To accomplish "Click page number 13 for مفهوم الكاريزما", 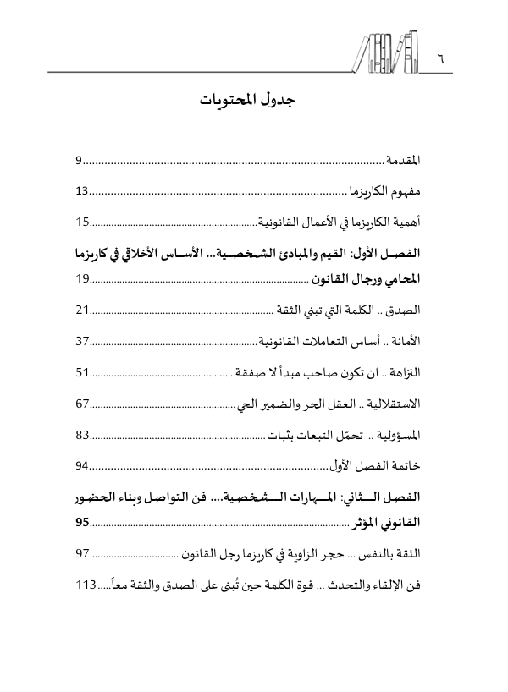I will (x=82, y=191).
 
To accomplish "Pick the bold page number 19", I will (x=82, y=301).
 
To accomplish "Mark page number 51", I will (x=82, y=396).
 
